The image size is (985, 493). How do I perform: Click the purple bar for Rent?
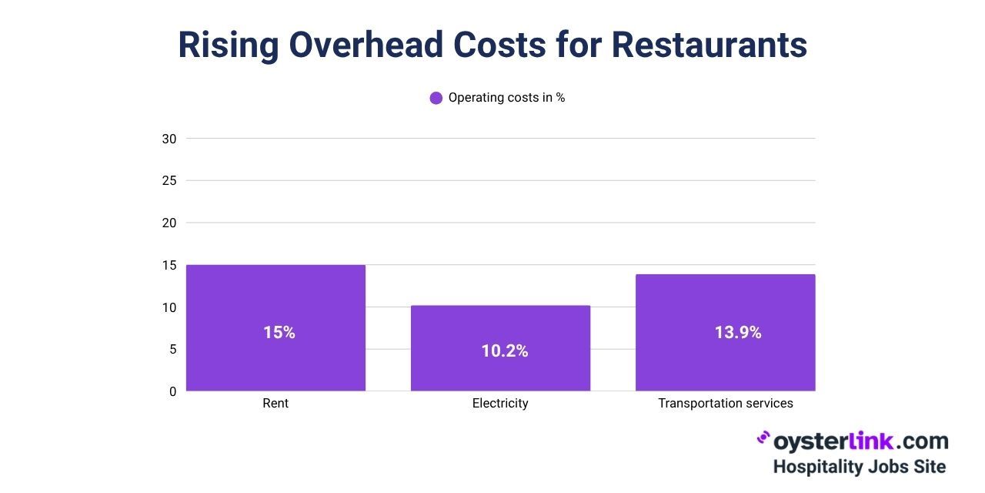tap(275, 362)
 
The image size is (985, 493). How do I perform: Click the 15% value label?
tap(279, 333)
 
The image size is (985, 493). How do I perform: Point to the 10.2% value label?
tap(505, 351)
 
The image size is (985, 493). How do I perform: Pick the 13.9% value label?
tap(737, 333)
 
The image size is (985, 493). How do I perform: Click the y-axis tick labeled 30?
tap(169, 139)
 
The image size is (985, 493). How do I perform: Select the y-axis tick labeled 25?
tap(169, 181)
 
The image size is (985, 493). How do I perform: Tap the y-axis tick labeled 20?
tap(169, 223)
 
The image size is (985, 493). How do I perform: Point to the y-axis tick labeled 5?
tap(172, 350)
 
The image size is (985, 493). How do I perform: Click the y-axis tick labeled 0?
tap(172, 391)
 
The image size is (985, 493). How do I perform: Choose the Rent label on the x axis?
tap(275, 404)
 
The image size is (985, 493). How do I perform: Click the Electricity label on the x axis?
tap(500, 404)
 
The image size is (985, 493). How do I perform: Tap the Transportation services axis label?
tap(725, 404)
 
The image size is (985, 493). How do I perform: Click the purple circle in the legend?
tap(436, 98)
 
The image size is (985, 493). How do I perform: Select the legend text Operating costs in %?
tap(506, 98)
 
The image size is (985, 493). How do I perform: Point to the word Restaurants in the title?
tap(709, 45)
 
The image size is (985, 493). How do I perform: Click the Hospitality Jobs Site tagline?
tap(859, 467)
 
